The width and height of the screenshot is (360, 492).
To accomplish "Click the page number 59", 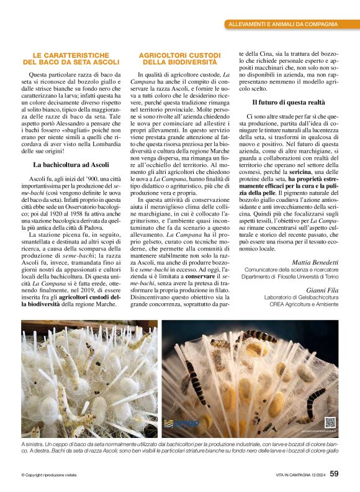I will tap(334, 473).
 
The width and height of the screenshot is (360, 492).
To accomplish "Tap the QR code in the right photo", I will tap(330, 422).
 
